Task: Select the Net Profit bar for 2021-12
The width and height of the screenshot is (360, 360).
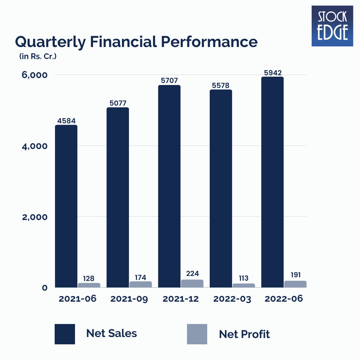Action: coord(192,284)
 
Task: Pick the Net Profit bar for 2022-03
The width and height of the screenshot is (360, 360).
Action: coord(244,285)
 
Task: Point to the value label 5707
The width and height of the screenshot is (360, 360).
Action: coord(169,80)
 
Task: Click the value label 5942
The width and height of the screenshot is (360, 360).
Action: coord(272,72)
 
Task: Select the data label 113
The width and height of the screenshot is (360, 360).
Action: coord(244,278)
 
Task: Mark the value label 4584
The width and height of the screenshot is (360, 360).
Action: coord(66,120)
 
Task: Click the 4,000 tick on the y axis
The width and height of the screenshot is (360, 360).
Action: coord(34,146)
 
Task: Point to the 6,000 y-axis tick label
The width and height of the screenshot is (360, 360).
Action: coord(34,75)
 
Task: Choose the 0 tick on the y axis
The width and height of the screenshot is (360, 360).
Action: coord(44,288)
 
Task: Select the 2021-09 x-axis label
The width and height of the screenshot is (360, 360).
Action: coord(129,299)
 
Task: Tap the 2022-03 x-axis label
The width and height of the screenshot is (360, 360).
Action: coord(232,299)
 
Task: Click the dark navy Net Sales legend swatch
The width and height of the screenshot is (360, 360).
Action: coord(65,334)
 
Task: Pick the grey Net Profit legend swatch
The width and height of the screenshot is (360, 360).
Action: coord(197,334)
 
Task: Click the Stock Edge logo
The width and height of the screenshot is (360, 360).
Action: coord(332,26)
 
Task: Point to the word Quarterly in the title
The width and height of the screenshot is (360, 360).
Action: coord(46,43)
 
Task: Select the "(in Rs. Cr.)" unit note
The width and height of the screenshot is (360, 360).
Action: coord(38,57)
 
